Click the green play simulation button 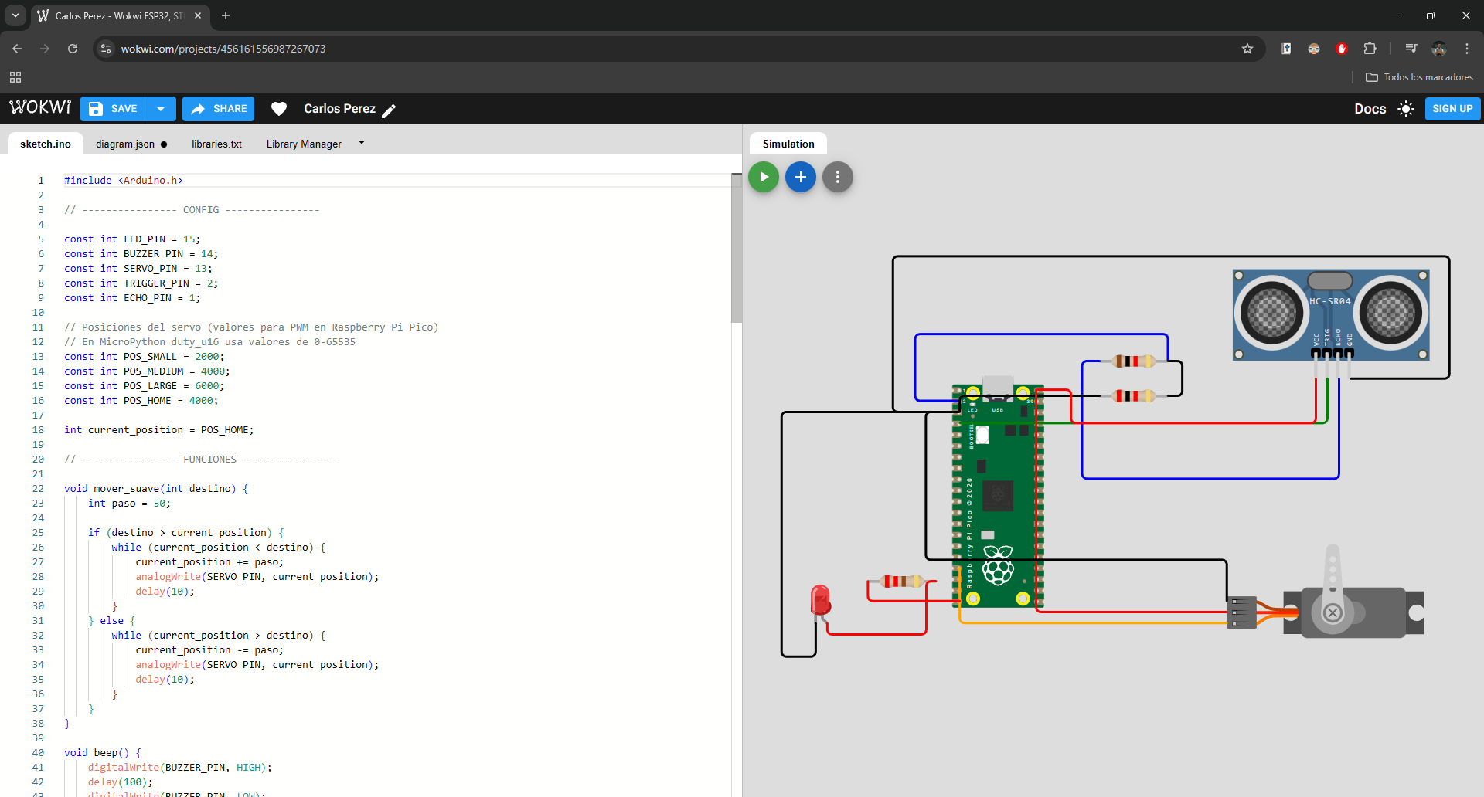764,177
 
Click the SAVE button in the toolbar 114,109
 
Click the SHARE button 219,109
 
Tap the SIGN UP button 1452,109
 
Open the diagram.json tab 125,144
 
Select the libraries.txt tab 216,144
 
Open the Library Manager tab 304,144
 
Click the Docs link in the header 1370,109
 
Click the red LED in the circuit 820,599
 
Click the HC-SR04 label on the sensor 1330,301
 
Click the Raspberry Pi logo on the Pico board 998,565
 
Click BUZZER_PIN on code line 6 153,254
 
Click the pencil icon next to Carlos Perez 389,110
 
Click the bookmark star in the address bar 1247,49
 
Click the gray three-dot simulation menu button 837,177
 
